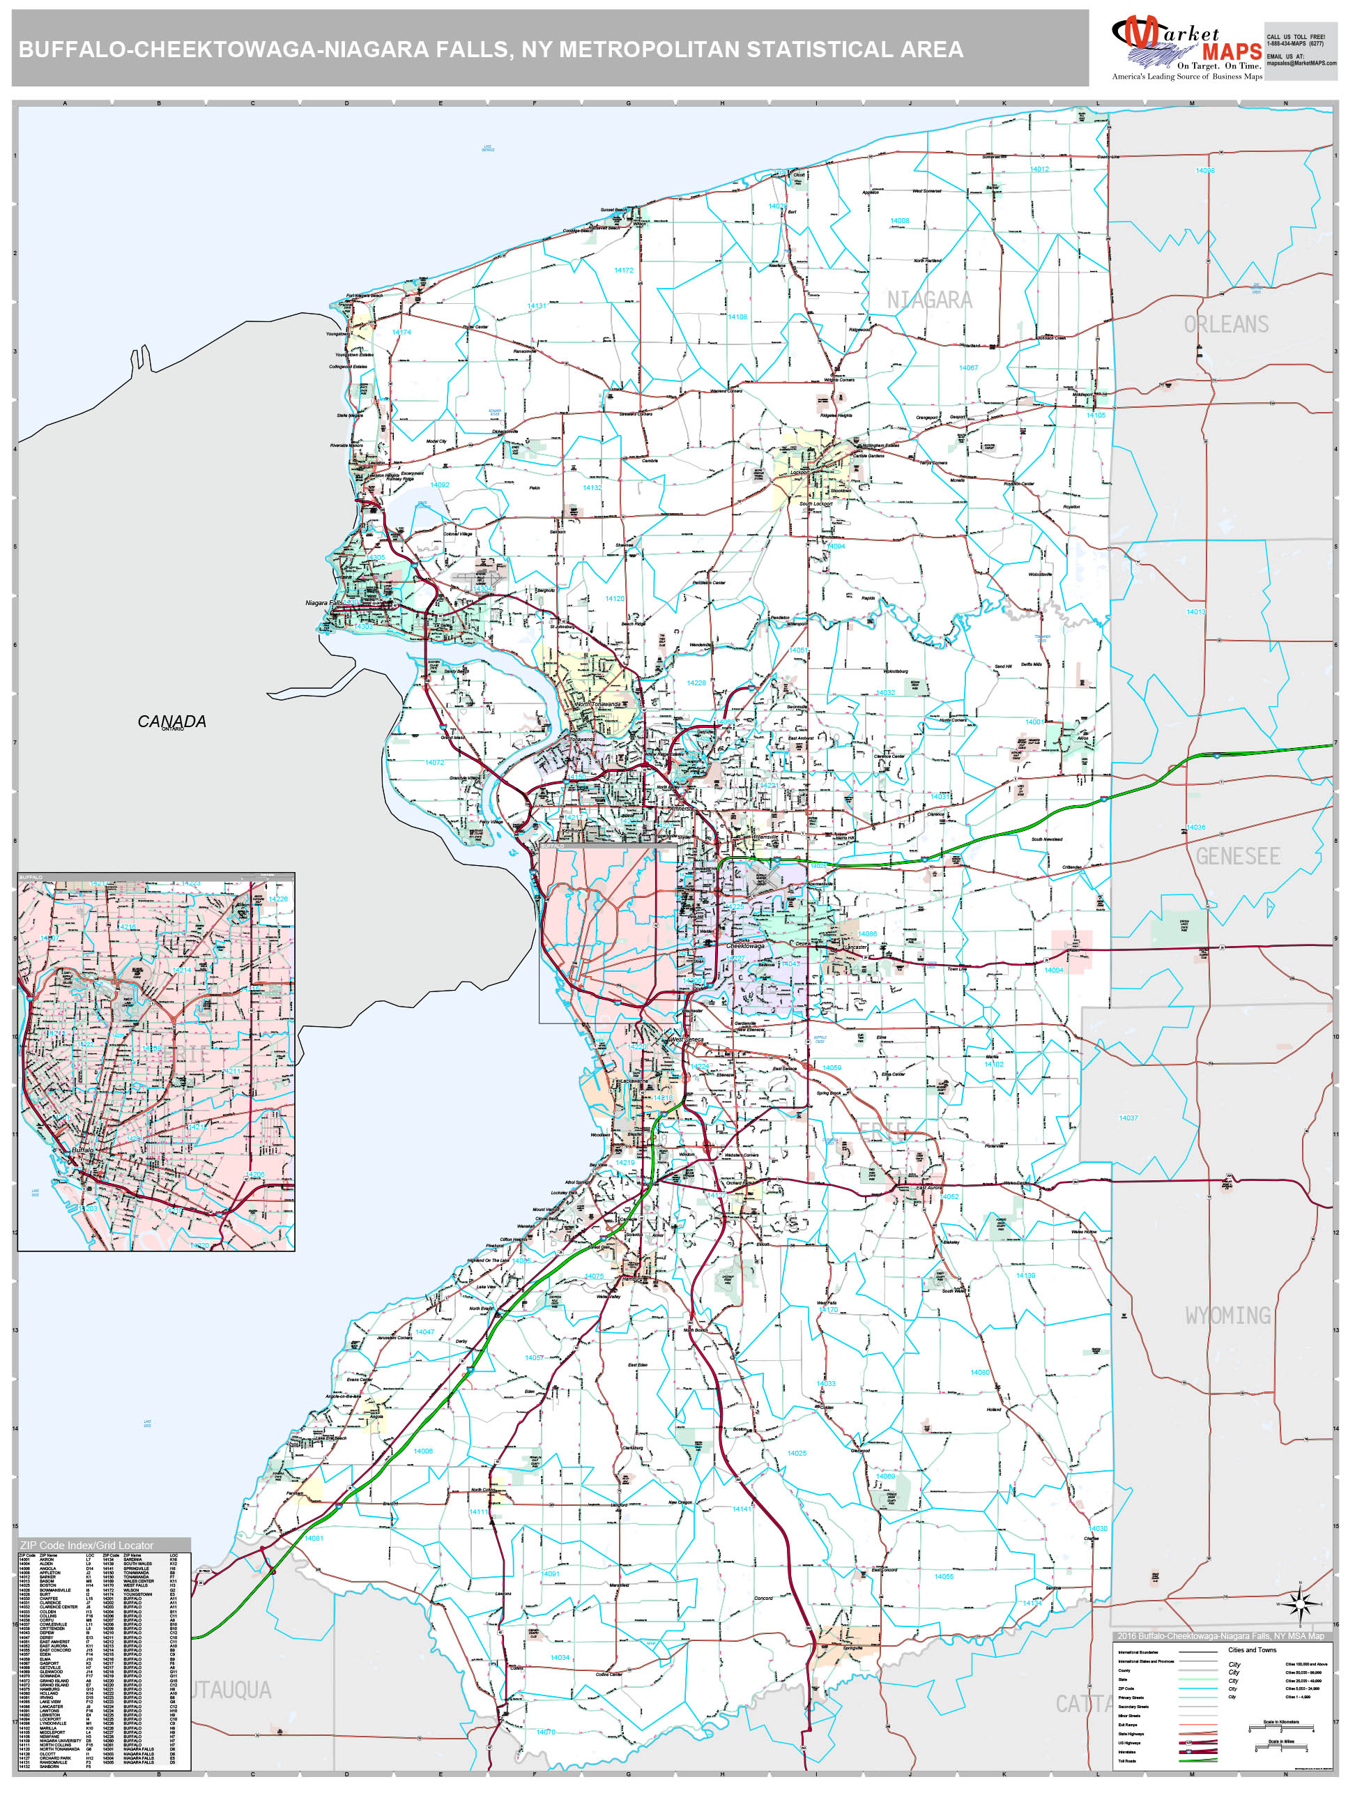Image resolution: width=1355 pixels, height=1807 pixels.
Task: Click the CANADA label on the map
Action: [x=171, y=722]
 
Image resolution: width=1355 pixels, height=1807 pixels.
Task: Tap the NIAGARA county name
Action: [x=929, y=300]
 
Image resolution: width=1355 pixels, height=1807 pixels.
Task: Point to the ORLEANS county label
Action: [x=1226, y=324]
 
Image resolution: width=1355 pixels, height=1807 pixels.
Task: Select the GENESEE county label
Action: [x=1237, y=856]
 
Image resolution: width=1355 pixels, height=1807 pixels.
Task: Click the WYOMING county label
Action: [x=1227, y=1316]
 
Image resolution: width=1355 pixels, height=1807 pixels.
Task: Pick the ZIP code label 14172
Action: [x=623, y=270]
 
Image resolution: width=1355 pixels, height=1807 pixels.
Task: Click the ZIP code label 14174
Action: [x=401, y=333]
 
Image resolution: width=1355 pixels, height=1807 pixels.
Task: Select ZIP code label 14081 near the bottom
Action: [x=314, y=1537]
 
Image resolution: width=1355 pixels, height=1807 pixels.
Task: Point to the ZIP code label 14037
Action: [x=1128, y=1118]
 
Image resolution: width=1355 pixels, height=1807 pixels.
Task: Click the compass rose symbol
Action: [x=1296, y=1604]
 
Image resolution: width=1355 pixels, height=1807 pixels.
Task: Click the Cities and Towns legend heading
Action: [x=1252, y=1650]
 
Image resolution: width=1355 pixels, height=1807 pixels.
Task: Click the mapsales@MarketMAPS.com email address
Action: [x=1301, y=63]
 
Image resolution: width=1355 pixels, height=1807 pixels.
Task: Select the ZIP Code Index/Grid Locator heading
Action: [x=86, y=1545]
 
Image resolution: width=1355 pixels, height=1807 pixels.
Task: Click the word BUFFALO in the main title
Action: [x=72, y=49]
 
